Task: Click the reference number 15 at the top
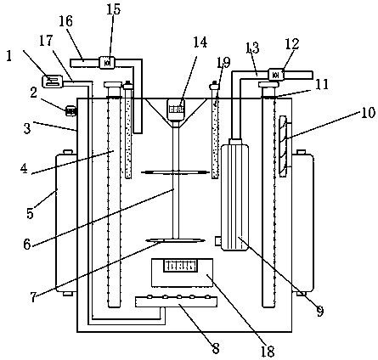(114, 9)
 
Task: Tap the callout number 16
(65, 21)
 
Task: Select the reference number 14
(200, 42)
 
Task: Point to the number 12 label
(292, 44)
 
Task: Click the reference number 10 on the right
(368, 112)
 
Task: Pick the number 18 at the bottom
(268, 352)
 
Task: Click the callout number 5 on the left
(31, 213)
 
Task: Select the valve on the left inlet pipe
(107, 63)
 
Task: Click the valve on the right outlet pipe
(276, 75)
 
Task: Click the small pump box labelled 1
(52, 82)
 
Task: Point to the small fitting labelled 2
(71, 110)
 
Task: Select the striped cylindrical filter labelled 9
(235, 197)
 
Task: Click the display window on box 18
(180, 266)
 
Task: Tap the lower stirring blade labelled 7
(175, 240)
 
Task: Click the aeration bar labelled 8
(176, 301)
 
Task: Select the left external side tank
(66, 223)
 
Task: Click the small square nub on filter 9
(218, 241)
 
